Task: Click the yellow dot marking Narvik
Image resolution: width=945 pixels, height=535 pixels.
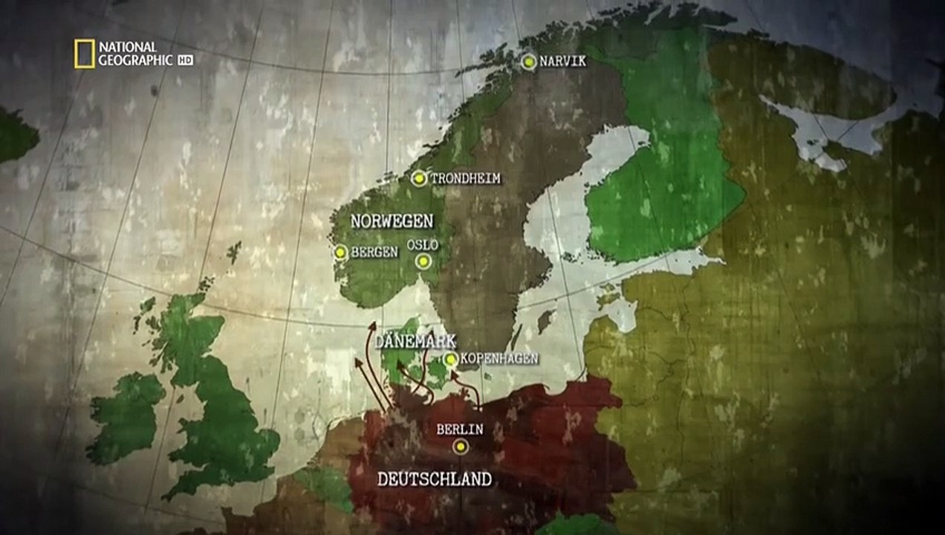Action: coord(528,62)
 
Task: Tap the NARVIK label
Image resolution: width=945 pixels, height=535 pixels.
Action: coord(563,62)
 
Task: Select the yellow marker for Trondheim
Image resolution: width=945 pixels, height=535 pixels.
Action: coord(419,178)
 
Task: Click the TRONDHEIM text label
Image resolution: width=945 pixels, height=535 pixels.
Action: coord(465,178)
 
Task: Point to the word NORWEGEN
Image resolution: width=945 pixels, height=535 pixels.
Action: coord(392,221)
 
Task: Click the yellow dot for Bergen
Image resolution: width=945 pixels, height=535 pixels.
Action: coord(341,253)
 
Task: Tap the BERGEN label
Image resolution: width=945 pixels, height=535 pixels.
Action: coord(374,253)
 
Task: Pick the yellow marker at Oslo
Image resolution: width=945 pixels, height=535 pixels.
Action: coord(423,261)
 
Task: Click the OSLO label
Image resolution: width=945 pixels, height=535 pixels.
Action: coord(423,245)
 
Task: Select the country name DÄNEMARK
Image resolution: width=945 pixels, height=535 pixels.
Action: coord(415,341)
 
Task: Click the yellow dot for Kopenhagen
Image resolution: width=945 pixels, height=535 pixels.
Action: coord(450,360)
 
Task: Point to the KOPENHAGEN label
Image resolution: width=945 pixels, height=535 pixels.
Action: coord(499,359)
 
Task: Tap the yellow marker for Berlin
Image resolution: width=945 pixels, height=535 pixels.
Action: coord(461,446)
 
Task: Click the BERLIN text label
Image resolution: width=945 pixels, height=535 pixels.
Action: coord(460,429)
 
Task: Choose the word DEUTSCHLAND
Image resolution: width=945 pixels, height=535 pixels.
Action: coord(435,479)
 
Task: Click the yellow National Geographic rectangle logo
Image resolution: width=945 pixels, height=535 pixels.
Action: coord(85,54)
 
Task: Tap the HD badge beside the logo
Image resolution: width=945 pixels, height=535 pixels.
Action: coord(185,60)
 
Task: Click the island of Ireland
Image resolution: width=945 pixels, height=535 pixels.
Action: coord(126,416)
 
